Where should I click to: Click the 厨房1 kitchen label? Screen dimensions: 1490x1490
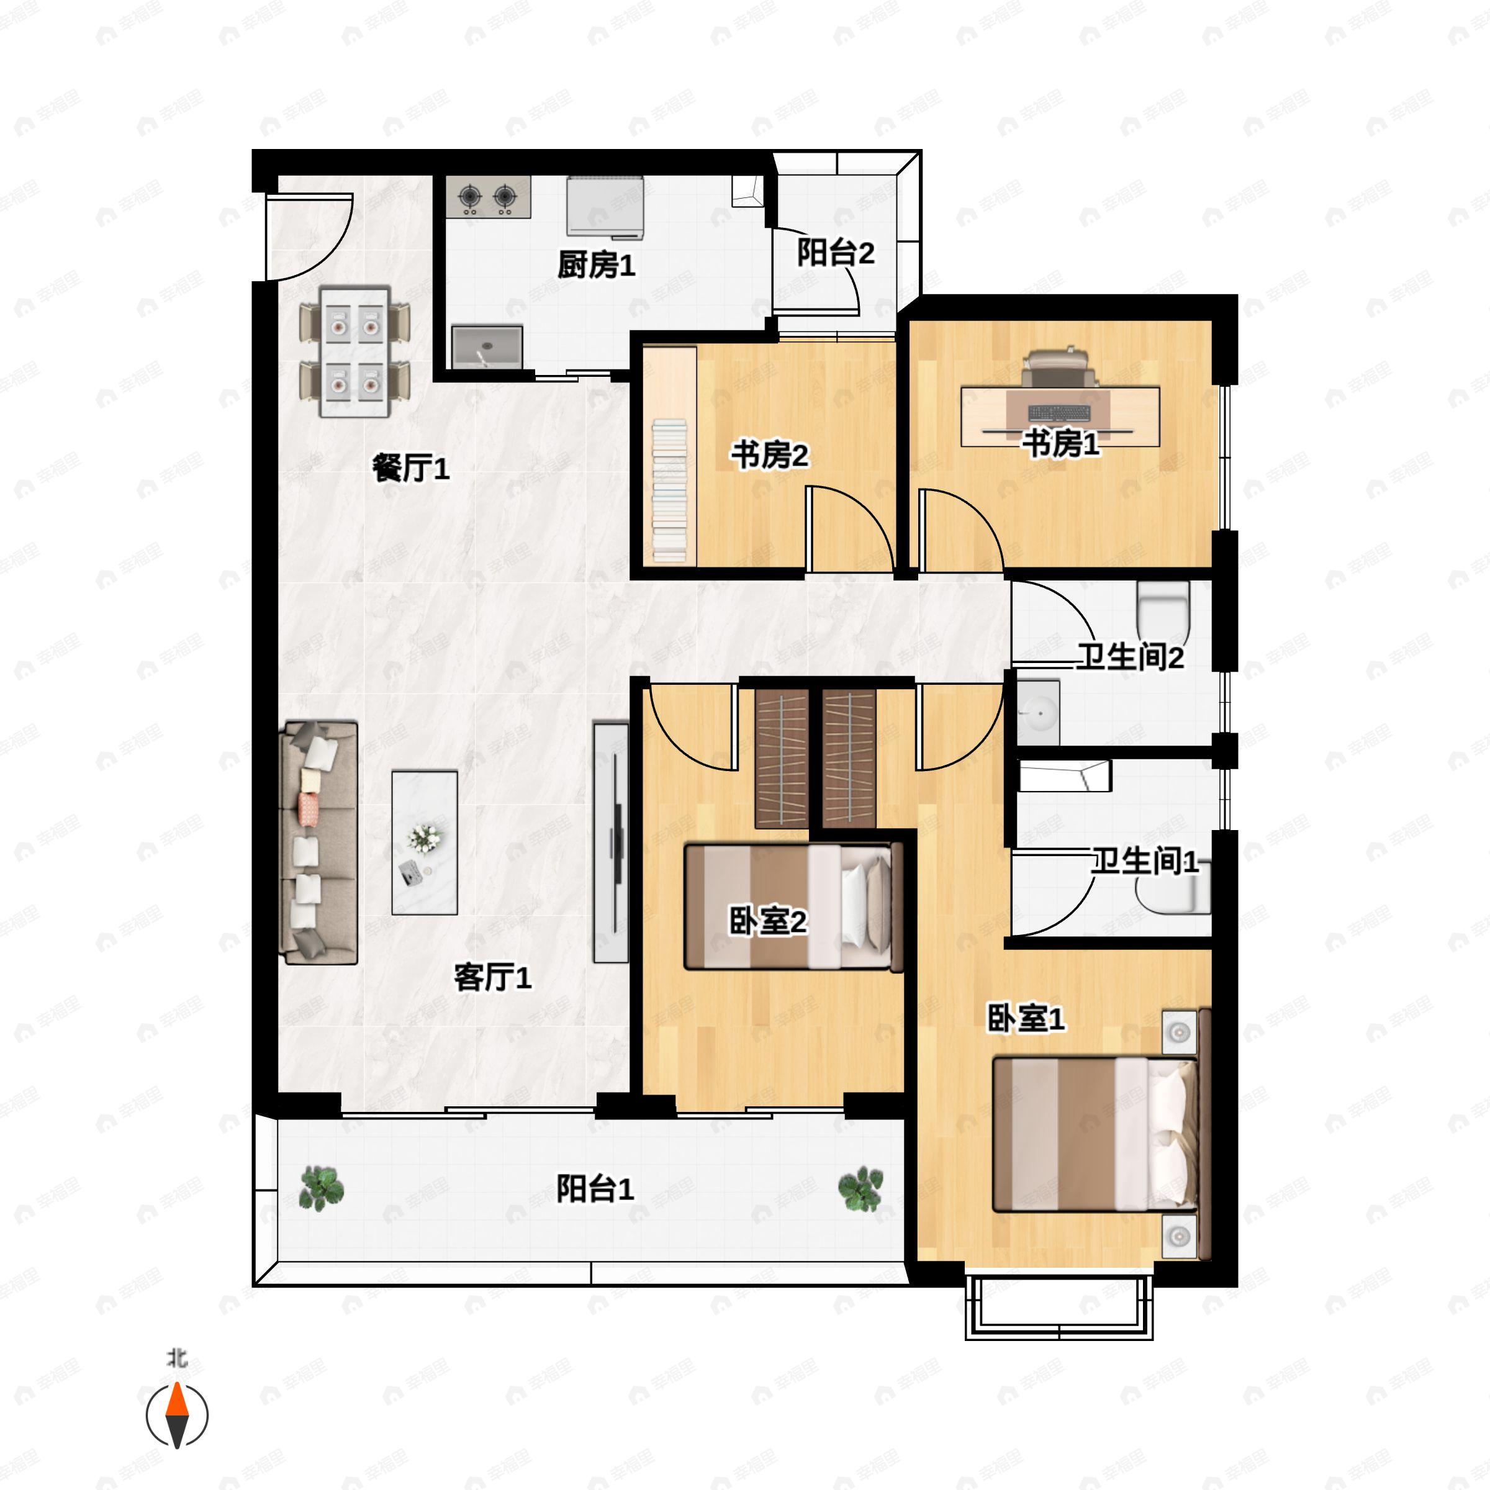coord(596,265)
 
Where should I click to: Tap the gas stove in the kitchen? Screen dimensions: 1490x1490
coord(487,197)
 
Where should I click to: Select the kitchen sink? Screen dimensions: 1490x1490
coord(487,346)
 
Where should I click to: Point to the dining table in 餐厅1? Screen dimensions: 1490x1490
coord(354,351)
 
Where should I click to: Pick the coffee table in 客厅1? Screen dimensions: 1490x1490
coord(424,842)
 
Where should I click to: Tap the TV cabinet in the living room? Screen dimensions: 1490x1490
coord(611,842)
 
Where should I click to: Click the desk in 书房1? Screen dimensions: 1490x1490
coord(1060,416)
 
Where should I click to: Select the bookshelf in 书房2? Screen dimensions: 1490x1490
coord(669,489)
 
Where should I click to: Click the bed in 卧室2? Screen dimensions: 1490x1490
coord(793,907)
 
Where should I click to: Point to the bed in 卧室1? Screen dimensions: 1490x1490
coord(1095,1134)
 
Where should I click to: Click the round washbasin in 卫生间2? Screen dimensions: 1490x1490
coord(1039,711)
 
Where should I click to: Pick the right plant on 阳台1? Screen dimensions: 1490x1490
coord(860,1188)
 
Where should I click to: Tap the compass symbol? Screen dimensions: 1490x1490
coord(178,1415)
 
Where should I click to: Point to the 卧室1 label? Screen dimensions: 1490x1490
coord(1026,1019)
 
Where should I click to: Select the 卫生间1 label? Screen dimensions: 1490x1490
coord(1144,860)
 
